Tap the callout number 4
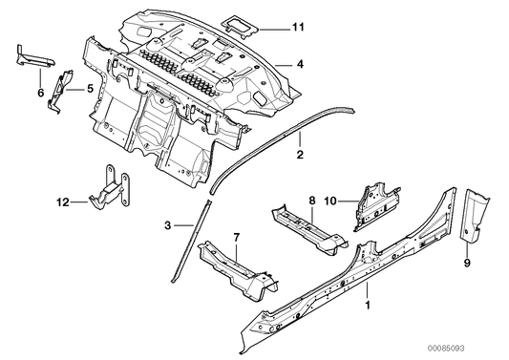(x=300, y=64)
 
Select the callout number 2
(x=300, y=154)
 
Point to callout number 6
(x=40, y=94)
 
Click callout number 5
(x=91, y=89)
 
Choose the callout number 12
(x=62, y=201)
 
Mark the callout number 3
(x=168, y=226)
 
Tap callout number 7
(x=238, y=235)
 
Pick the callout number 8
(x=310, y=201)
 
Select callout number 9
(x=467, y=261)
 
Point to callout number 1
(x=369, y=307)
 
